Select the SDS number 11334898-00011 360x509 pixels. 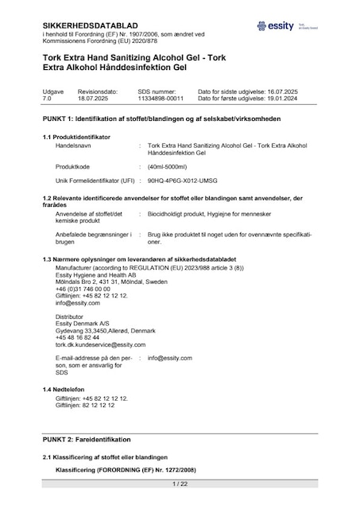point(161,99)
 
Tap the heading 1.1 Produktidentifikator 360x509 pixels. point(76,137)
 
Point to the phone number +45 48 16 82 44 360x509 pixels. point(78,337)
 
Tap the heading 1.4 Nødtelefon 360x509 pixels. point(66,388)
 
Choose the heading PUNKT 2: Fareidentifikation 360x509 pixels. point(87,439)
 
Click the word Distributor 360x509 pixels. point(72,316)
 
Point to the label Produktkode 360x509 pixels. point(72,166)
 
